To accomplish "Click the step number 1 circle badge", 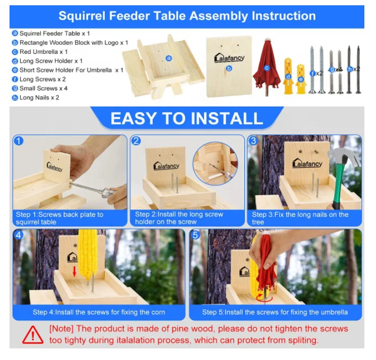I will [x=19, y=141].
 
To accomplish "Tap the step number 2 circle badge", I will [x=136, y=141].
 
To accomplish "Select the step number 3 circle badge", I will [x=253, y=141].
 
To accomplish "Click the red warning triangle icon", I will [x=33, y=334].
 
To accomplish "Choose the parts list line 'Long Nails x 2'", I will [x=39, y=97].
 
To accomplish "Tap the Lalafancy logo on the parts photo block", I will [x=230, y=58].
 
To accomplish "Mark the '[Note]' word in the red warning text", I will [x=62, y=329].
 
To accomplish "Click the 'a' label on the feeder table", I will [x=169, y=58].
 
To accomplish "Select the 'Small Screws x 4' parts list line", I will [x=43, y=88].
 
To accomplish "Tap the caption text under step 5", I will [x=275, y=312].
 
